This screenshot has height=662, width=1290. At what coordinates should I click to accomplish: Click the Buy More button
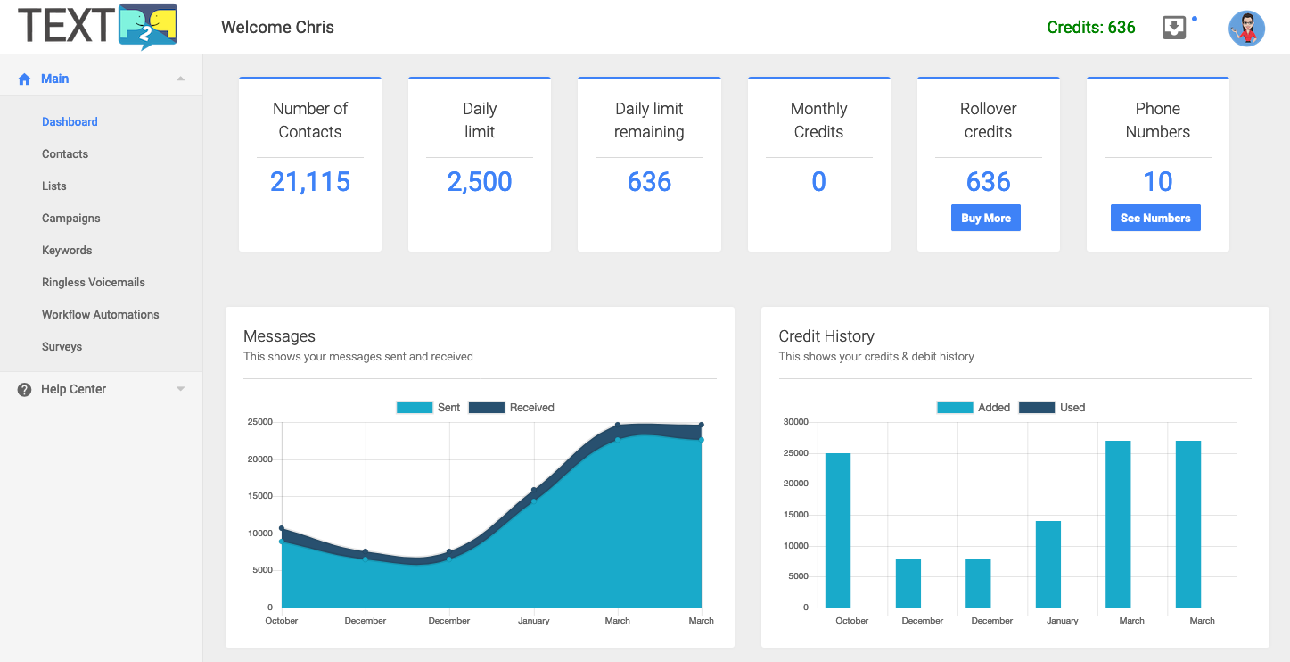click(985, 219)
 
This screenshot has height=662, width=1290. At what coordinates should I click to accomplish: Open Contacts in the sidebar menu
click(65, 154)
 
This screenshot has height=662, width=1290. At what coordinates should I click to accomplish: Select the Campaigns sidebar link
click(71, 219)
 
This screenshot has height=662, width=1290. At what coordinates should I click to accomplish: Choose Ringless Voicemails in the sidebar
click(94, 283)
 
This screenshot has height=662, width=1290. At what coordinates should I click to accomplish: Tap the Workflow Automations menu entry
click(101, 315)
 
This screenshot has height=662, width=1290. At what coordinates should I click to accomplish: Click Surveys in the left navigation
click(62, 347)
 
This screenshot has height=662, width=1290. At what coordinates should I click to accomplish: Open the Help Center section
click(74, 389)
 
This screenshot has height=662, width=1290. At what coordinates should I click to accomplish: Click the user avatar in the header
click(1246, 29)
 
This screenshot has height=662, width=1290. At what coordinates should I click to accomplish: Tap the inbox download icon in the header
click(1174, 28)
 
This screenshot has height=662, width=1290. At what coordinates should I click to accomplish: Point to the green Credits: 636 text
click(1091, 28)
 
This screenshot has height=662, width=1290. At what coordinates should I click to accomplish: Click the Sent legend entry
click(428, 408)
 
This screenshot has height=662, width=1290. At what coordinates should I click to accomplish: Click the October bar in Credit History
click(838, 530)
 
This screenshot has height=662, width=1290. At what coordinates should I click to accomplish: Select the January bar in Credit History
click(1048, 564)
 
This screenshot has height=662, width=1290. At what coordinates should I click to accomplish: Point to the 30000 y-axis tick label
click(795, 422)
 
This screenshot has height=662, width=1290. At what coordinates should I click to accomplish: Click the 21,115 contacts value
click(310, 182)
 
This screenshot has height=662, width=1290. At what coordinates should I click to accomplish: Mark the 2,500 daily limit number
click(480, 182)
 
